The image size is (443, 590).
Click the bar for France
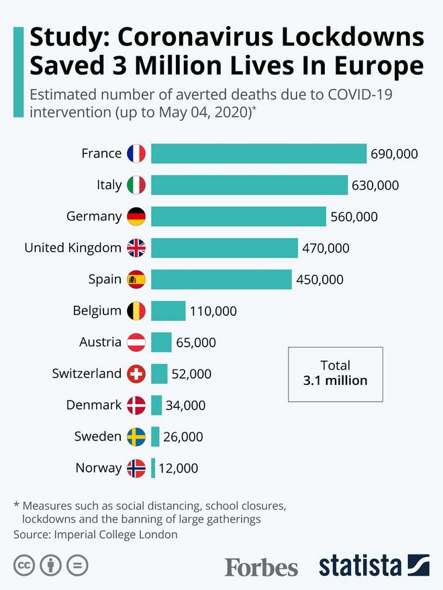point(258,154)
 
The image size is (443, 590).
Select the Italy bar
point(249,185)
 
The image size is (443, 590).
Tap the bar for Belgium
point(168,310)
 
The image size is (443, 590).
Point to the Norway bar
point(153,468)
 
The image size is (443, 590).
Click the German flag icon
point(136,217)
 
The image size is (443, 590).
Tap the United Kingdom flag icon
point(136,248)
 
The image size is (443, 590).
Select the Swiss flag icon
point(136,373)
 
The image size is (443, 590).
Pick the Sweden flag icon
point(136,436)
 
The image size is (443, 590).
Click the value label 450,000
point(320,280)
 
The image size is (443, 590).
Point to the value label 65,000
point(196,343)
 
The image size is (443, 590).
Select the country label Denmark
point(94,405)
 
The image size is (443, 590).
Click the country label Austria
point(100,342)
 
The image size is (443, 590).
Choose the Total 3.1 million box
point(336,373)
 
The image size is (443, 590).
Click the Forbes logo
point(261,567)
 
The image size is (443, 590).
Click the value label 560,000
point(354,217)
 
